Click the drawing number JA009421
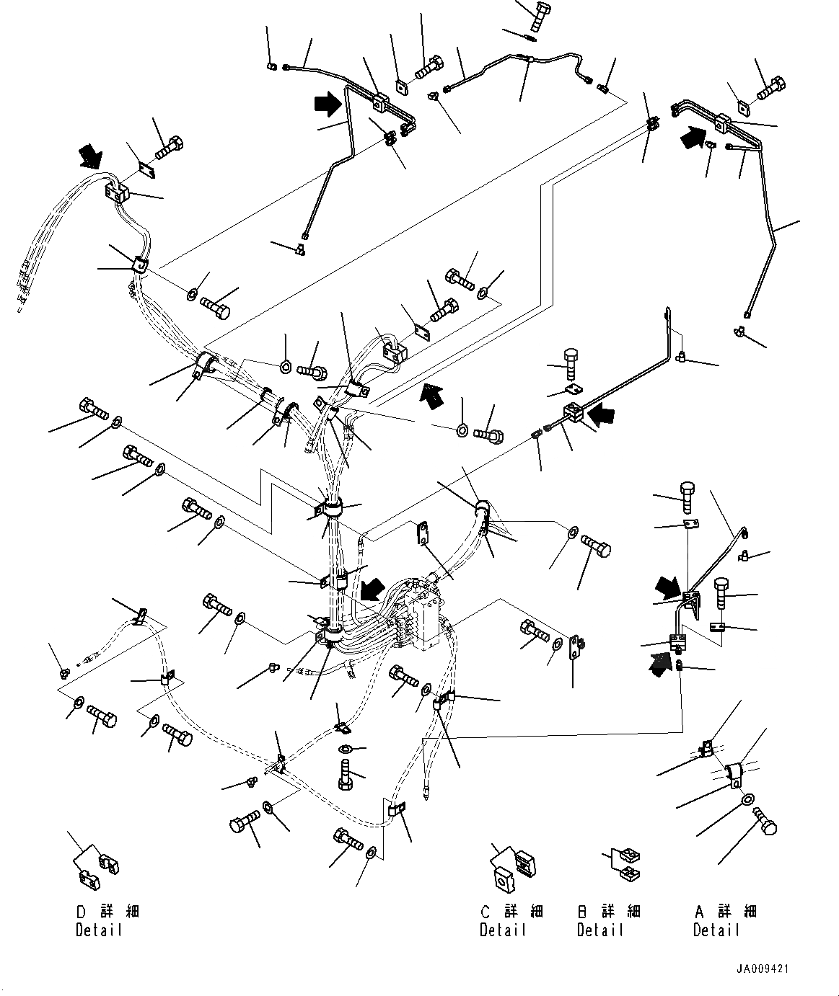tap(763, 969)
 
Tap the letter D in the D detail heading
tap(81, 912)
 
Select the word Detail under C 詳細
tap(504, 930)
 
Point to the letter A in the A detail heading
tap(699, 912)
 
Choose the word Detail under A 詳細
tap(717, 930)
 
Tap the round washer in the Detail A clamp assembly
tap(747, 798)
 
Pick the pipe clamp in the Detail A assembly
tap(734, 775)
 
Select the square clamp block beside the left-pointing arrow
tap(574, 414)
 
